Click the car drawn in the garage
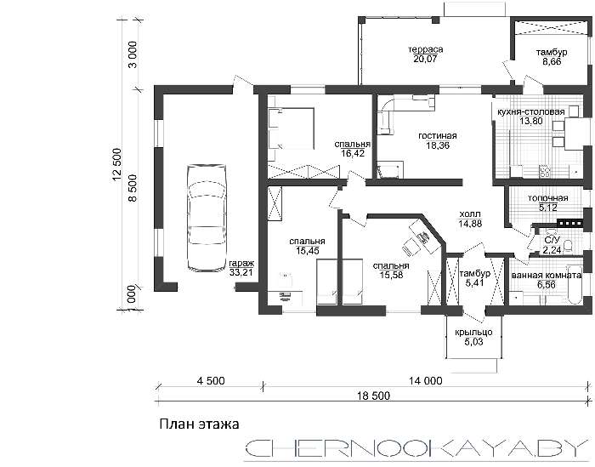click(207, 218)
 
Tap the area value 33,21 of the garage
click(241, 272)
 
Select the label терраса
click(426, 49)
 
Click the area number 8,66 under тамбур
click(552, 61)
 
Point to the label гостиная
click(438, 135)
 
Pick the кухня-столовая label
click(531, 112)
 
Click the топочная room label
click(548, 198)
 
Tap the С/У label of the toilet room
click(552, 240)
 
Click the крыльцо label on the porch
click(473, 333)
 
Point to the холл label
click(470, 214)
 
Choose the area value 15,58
click(391, 275)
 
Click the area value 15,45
click(308, 251)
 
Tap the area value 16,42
click(353, 153)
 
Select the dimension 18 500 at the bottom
click(373, 396)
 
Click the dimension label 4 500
click(211, 380)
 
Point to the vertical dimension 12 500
click(117, 165)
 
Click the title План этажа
click(199, 424)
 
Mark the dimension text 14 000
click(425, 380)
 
